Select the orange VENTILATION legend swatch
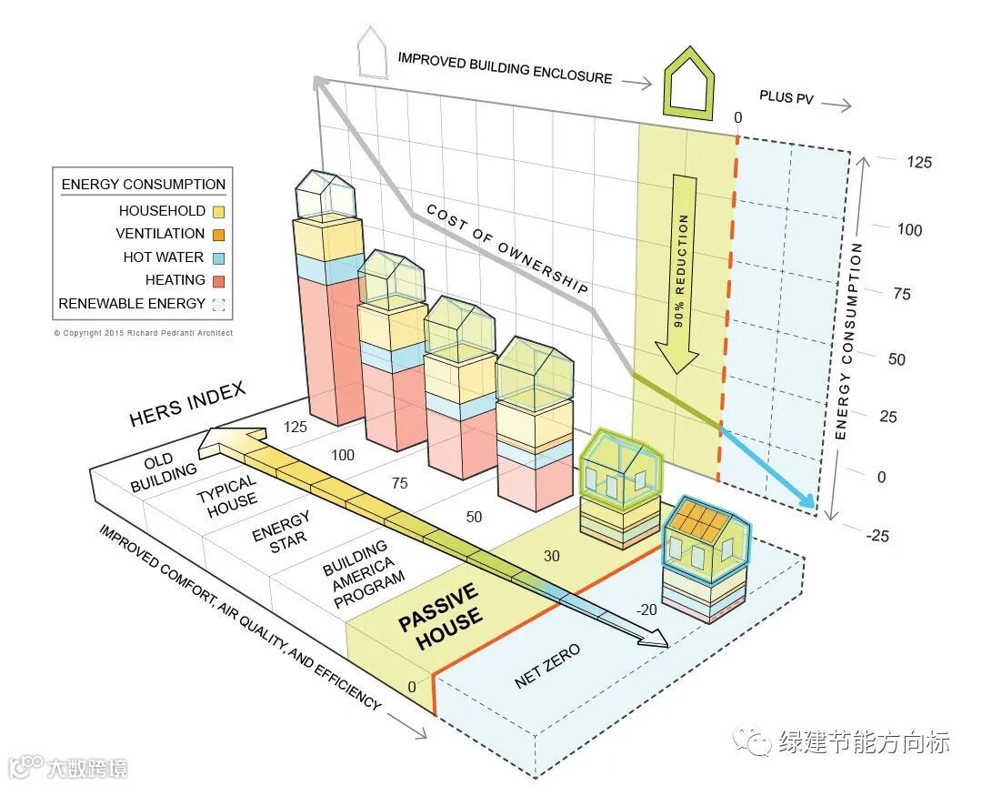pyautogui.click(x=217, y=235)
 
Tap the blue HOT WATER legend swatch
pyautogui.click(x=217, y=257)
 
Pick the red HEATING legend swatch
pyautogui.click(x=217, y=281)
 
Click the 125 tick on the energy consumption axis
pyautogui.click(x=919, y=163)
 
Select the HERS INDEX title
pyautogui.click(x=187, y=404)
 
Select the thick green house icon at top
pyautogui.click(x=688, y=83)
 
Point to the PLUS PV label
pyautogui.click(x=787, y=98)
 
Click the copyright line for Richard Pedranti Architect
pyautogui.click(x=143, y=333)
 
